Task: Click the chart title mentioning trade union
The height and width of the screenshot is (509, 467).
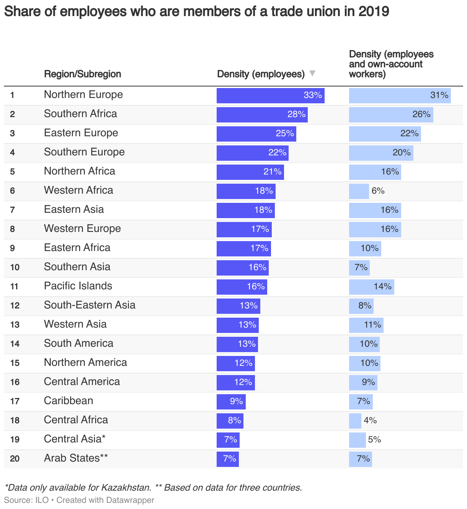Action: pyautogui.click(x=196, y=11)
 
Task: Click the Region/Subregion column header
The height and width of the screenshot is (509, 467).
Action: pyautogui.click(x=82, y=74)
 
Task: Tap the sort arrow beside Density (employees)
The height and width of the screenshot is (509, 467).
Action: pyautogui.click(x=312, y=73)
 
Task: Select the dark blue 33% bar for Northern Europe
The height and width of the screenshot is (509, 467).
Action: pyautogui.click(x=270, y=95)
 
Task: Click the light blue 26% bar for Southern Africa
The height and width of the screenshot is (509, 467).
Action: pyautogui.click(x=391, y=114)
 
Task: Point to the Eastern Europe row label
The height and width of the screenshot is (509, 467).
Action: pyautogui.click(x=81, y=133)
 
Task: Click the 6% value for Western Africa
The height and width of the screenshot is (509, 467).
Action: pyautogui.click(x=378, y=191)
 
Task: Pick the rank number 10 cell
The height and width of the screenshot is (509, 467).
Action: pyautogui.click(x=15, y=267)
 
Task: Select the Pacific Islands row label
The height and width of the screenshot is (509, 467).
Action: pyautogui.click(x=78, y=286)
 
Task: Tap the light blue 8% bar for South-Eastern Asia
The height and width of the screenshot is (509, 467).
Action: pyautogui.click(x=361, y=306)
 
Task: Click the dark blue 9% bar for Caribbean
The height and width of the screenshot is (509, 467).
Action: pyautogui.click(x=231, y=401)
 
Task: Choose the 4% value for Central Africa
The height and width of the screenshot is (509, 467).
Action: pyautogui.click(x=370, y=420)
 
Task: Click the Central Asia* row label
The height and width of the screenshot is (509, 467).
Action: pyautogui.click(x=75, y=439)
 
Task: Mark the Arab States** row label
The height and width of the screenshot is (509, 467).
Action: pyautogui.click(x=76, y=458)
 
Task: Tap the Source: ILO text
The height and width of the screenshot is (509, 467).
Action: pyautogui.click(x=26, y=500)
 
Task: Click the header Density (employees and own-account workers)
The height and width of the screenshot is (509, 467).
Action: pyautogui.click(x=391, y=64)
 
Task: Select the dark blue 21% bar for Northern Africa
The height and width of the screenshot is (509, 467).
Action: pyautogui.click(x=250, y=172)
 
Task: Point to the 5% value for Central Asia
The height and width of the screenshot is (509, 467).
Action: pyautogui.click(x=374, y=439)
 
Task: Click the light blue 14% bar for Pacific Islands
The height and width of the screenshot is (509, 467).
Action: pyautogui.click(x=371, y=287)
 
